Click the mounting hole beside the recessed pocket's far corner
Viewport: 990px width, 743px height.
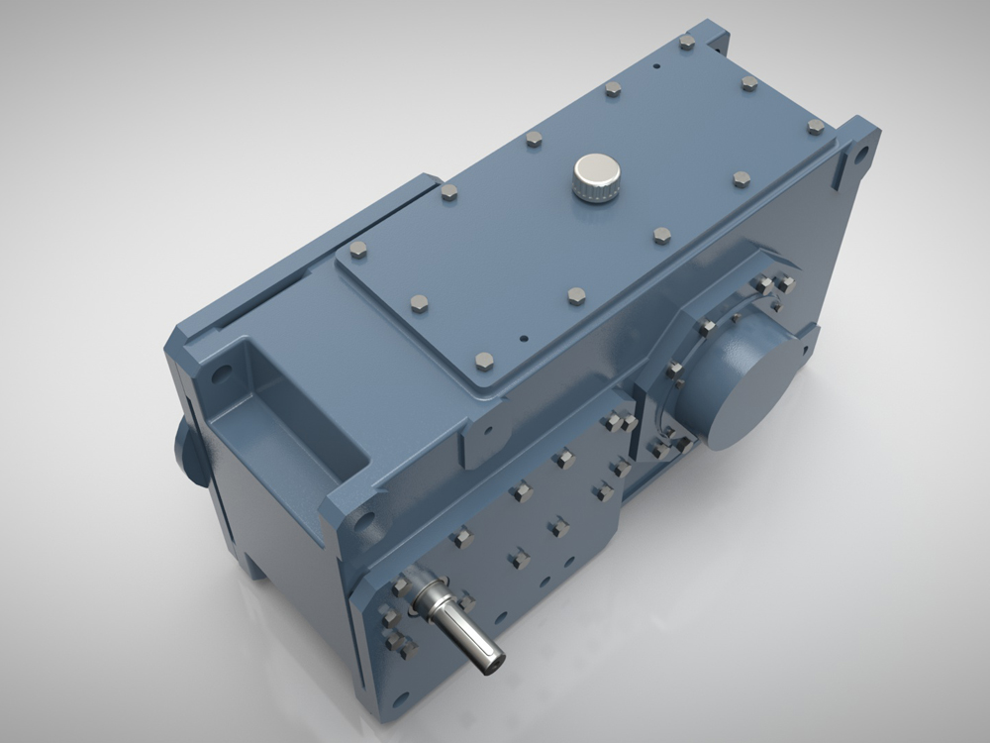[x=221, y=374]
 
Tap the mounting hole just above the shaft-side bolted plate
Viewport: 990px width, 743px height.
[x=362, y=520]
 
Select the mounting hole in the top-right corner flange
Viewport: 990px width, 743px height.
[x=861, y=155]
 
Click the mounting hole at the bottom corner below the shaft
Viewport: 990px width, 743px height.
[x=400, y=699]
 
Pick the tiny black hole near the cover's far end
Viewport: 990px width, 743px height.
[x=656, y=67]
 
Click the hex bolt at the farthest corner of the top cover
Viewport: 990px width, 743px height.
[x=687, y=42]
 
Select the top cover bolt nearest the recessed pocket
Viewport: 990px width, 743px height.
[x=358, y=250]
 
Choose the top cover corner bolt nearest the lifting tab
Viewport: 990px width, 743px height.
[x=484, y=361]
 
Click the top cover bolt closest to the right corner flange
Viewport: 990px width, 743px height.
[x=815, y=127]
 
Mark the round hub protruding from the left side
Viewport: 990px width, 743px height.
[x=188, y=452]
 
